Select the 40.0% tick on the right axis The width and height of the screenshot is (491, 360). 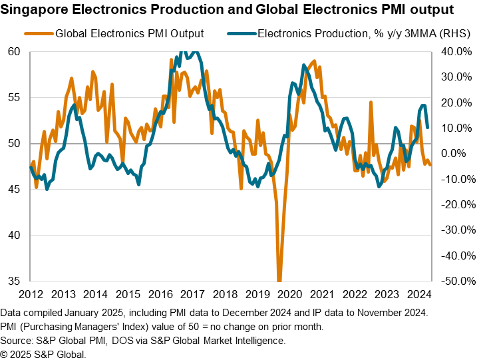click(457, 52)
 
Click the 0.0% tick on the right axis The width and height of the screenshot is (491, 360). click(459, 154)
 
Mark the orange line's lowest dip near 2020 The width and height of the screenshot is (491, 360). click(279, 279)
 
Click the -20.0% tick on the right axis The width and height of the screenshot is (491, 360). click(456, 204)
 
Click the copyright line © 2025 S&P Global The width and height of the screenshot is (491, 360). click(43, 354)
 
